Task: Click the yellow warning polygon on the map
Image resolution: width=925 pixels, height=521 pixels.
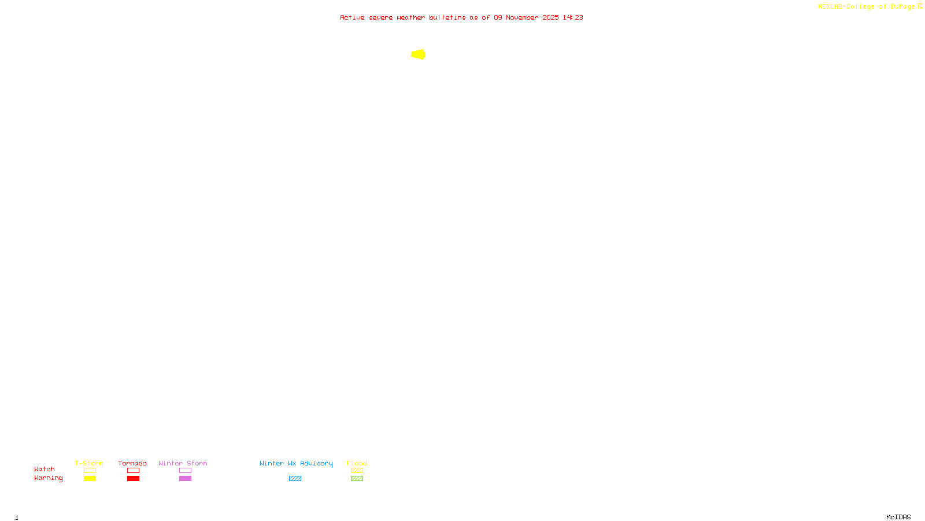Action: point(419,54)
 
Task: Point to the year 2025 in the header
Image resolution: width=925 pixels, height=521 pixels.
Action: point(550,17)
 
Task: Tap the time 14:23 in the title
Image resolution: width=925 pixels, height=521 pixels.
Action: point(573,17)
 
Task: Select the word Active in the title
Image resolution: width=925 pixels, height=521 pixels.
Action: point(352,17)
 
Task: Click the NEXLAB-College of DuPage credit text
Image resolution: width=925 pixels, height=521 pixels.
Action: point(866,6)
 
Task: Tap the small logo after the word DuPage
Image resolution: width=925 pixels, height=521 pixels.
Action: point(920,6)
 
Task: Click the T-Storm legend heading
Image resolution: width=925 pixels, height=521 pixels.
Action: point(89,463)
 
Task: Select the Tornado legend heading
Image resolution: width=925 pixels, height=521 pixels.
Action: point(132,463)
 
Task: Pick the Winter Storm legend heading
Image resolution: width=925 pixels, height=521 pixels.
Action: point(183,463)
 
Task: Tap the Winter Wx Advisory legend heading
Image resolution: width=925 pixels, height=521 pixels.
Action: point(296,463)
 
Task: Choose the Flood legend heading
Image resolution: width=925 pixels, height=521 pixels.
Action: point(357,463)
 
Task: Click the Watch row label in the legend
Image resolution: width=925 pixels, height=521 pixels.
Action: point(45,469)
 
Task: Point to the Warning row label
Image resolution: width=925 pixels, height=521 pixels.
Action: point(49,478)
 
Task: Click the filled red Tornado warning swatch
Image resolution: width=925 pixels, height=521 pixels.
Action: point(134,479)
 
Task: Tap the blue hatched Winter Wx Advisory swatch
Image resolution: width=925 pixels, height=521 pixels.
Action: point(295,479)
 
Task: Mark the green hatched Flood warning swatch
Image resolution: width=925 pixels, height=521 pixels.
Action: point(357,479)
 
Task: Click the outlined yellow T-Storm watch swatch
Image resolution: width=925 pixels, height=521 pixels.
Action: point(90,471)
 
